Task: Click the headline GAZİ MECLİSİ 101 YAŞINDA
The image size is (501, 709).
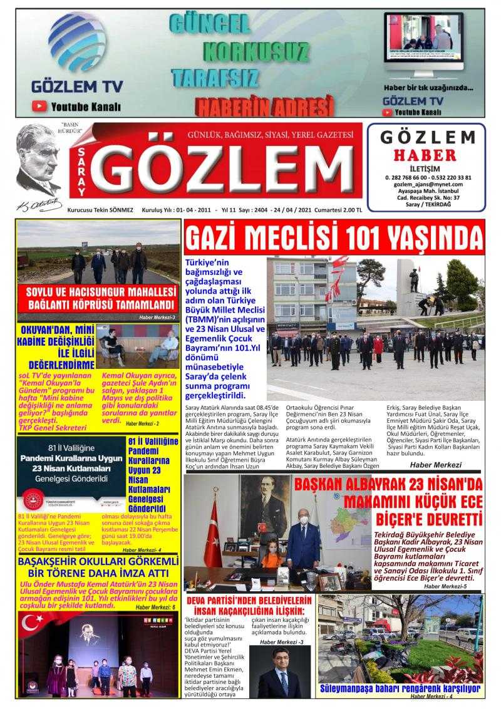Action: [334, 239]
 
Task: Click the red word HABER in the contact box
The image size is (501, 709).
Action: [425, 154]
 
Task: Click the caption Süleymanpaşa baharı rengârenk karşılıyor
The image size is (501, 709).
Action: [401, 688]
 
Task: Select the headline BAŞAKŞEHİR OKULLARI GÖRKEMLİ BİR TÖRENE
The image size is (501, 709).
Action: [98, 567]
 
